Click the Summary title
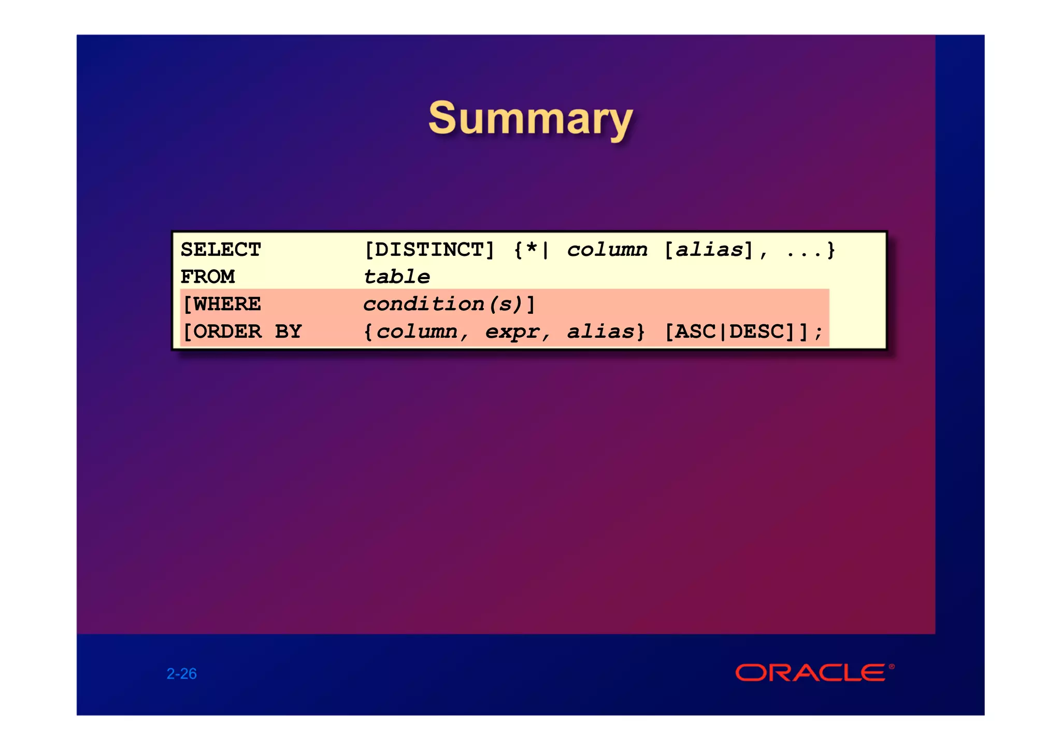point(530,119)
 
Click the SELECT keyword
point(221,250)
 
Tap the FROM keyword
point(208,277)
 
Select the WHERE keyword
point(227,304)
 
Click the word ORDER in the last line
point(227,331)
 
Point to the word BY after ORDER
point(288,331)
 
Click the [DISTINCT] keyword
point(429,250)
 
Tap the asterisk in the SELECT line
point(532,249)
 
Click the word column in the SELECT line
point(607,250)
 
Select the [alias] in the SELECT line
point(708,250)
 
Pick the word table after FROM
point(396,277)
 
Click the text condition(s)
point(442,304)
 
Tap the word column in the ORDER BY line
point(417,331)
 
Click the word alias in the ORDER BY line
point(600,331)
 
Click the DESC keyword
point(757,331)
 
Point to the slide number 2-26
point(181,673)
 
